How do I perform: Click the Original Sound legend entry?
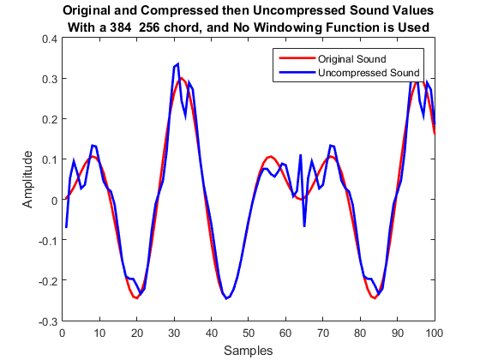click(351, 59)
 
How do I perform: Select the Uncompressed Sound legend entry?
click(368, 73)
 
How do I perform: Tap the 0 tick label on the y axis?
click(55, 201)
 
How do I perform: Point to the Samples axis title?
click(249, 350)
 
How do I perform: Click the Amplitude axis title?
click(29, 180)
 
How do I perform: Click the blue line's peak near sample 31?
click(177, 64)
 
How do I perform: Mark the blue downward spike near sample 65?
click(304, 226)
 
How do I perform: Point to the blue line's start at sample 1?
click(66, 227)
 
